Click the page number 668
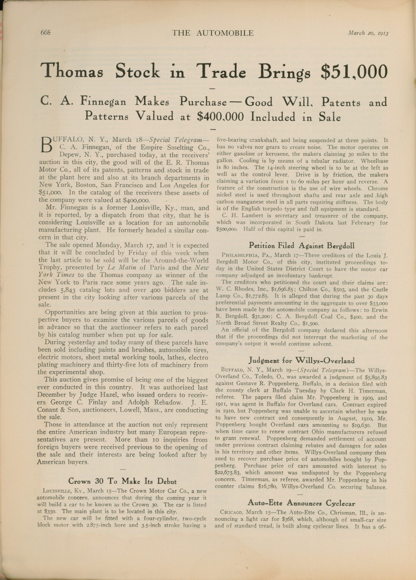click(x=46, y=33)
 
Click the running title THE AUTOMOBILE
click(x=213, y=33)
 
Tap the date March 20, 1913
click(x=368, y=33)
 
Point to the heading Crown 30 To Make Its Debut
click(x=123, y=481)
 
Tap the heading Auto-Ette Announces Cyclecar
click(x=301, y=496)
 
